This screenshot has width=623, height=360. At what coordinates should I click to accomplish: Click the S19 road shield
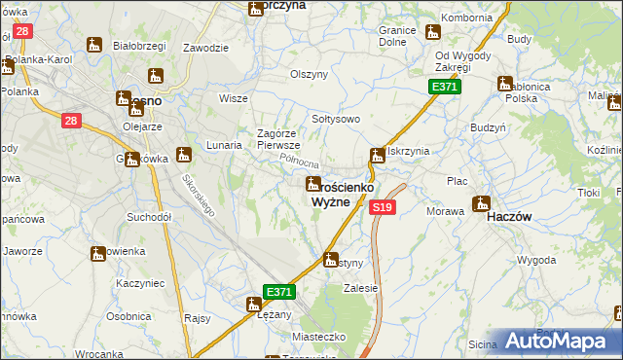(383, 207)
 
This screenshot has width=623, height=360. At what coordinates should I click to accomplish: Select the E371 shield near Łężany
(278, 292)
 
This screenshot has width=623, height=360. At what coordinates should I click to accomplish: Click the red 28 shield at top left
(24, 31)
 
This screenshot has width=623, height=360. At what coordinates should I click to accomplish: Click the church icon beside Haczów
(480, 204)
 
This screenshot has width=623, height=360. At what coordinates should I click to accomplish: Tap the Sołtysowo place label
(336, 119)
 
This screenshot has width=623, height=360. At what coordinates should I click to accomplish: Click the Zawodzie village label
(205, 48)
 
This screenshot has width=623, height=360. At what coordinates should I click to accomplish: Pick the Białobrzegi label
(136, 46)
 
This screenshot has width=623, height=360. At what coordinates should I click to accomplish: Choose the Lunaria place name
(224, 144)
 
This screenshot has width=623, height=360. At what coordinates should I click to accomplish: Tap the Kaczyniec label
(136, 282)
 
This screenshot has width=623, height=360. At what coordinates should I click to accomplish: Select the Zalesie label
(360, 289)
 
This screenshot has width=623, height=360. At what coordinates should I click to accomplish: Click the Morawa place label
(446, 211)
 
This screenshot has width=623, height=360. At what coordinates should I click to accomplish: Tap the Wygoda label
(536, 261)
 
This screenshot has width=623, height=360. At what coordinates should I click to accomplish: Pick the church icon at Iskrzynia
(377, 156)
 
